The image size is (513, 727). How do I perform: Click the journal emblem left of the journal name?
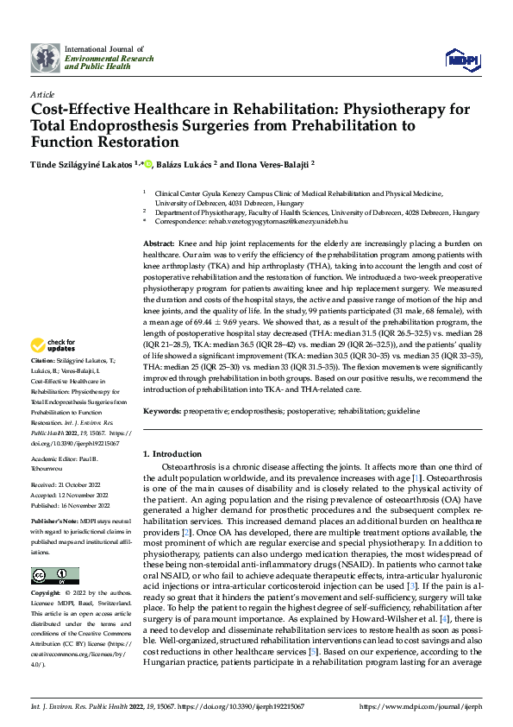click(x=45, y=58)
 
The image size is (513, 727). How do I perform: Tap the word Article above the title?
click(x=42, y=94)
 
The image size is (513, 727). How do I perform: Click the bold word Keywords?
click(x=162, y=412)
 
